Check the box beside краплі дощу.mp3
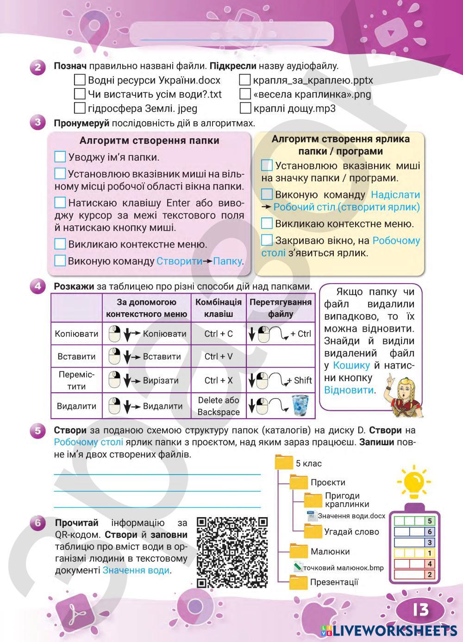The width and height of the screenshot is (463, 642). (x=245, y=109)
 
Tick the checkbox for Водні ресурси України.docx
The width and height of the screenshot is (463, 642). (x=80, y=80)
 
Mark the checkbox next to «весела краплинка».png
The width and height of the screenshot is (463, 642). (x=245, y=94)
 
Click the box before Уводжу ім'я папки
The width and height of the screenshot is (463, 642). (x=60, y=157)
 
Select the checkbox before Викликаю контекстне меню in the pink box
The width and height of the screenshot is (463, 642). (x=60, y=244)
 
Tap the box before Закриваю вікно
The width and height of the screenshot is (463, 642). (x=267, y=240)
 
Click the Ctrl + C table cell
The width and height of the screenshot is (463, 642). (x=219, y=334)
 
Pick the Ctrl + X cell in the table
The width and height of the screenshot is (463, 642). (x=219, y=381)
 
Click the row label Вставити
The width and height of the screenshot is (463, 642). (x=76, y=357)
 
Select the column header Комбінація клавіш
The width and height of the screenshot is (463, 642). (x=219, y=308)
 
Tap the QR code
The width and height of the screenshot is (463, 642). (x=232, y=552)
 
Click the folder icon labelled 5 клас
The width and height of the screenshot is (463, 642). (x=284, y=463)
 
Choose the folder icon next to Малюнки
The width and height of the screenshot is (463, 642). (x=299, y=551)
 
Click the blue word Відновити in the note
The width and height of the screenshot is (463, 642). (x=348, y=390)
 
